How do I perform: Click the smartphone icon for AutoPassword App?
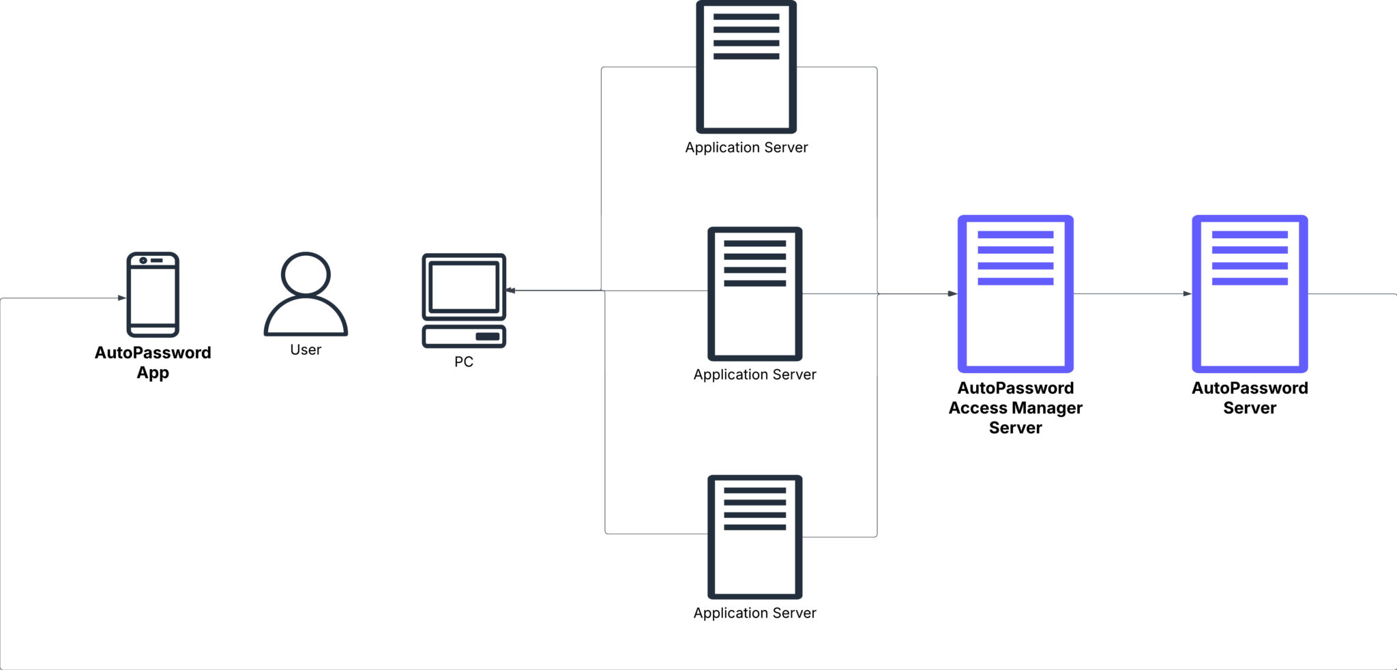tap(153, 295)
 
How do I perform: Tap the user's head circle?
tap(306, 274)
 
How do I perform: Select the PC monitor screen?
tap(464, 287)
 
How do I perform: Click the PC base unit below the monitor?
tap(464, 336)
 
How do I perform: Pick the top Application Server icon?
tap(746, 67)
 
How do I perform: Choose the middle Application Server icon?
tap(754, 293)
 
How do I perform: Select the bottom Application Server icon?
tap(754, 537)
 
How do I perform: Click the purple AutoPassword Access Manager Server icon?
tap(1015, 293)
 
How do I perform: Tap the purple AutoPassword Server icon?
tap(1249, 293)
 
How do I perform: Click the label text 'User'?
tap(306, 350)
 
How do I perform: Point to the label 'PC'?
tap(464, 362)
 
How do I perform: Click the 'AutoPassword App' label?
tap(153, 362)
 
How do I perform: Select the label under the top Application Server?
tap(746, 148)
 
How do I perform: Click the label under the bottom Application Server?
tap(754, 613)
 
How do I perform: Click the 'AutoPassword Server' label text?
tap(1249, 398)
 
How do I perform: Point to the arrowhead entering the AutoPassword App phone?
tap(122, 298)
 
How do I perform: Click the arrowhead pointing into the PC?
tap(510, 291)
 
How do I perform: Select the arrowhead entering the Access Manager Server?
tap(953, 294)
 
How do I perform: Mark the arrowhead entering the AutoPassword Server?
tap(1187, 294)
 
